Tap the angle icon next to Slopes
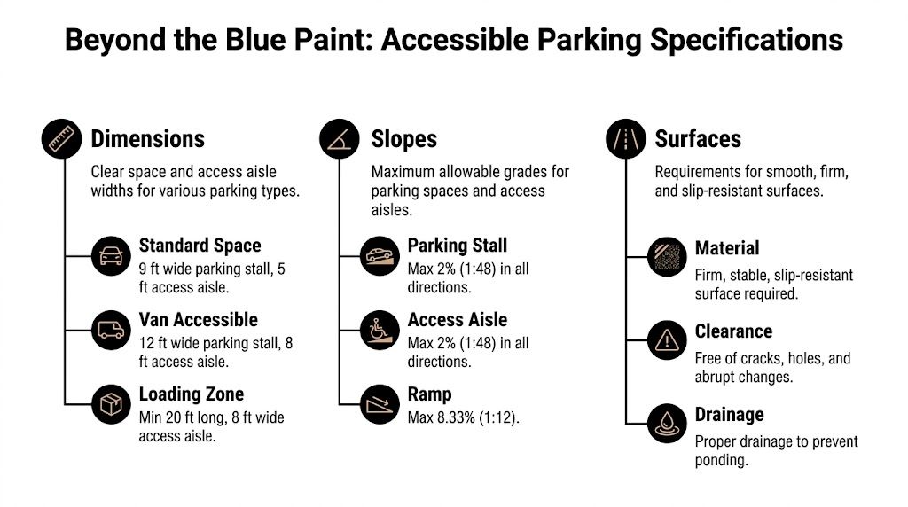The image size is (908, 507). click(340, 139)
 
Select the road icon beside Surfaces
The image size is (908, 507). click(626, 139)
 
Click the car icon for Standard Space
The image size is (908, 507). click(111, 257)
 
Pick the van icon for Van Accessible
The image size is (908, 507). click(111, 331)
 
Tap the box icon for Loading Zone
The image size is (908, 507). click(111, 405)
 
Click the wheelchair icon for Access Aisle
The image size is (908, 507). click(380, 331)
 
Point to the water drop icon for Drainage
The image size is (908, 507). click(667, 424)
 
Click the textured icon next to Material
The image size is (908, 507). click(667, 257)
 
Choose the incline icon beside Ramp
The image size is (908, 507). click(380, 405)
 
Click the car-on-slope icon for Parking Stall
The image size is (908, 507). click(380, 257)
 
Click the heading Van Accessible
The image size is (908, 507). click(198, 319)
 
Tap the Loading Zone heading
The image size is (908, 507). click(191, 394)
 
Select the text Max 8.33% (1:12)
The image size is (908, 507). click(463, 417)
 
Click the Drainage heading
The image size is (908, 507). click(729, 415)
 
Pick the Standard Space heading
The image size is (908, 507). click(200, 245)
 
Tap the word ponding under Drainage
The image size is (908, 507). click(722, 460)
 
